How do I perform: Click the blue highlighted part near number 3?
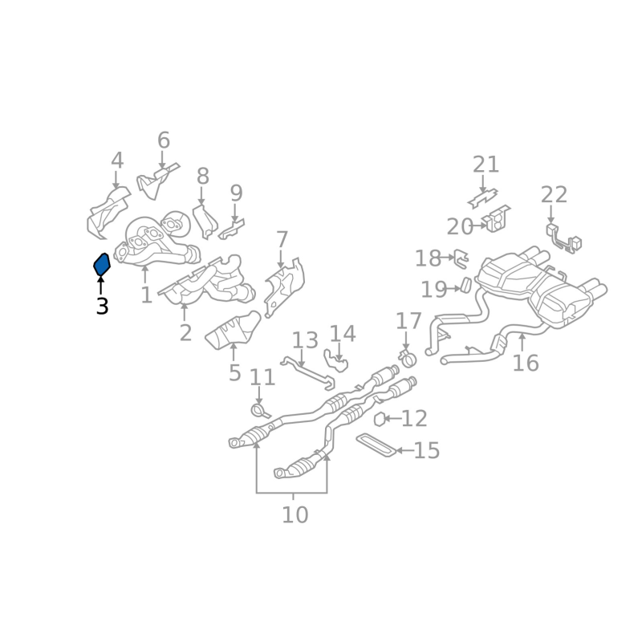pyautogui.click(x=101, y=263)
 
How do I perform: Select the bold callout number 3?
pyautogui.click(x=102, y=306)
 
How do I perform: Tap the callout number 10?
pyautogui.click(x=295, y=514)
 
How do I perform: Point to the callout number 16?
pyautogui.click(x=526, y=364)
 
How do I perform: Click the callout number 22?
pyautogui.click(x=554, y=195)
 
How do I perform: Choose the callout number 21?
pyautogui.click(x=486, y=165)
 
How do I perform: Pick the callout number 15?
pyautogui.click(x=427, y=450)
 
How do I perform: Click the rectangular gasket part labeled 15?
pyautogui.click(x=375, y=446)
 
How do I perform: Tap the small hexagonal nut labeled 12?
pyautogui.click(x=380, y=418)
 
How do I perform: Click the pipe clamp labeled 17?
pyautogui.click(x=407, y=356)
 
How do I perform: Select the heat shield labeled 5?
pyautogui.click(x=234, y=331)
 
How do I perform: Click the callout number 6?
pyautogui.click(x=164, y=141)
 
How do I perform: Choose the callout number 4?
pyautogui.click(x=117, y=160)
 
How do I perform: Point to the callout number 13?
pyautogui.click(x=305, y=340)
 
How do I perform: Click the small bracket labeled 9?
pyautogui.click(x=234, y=229)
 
